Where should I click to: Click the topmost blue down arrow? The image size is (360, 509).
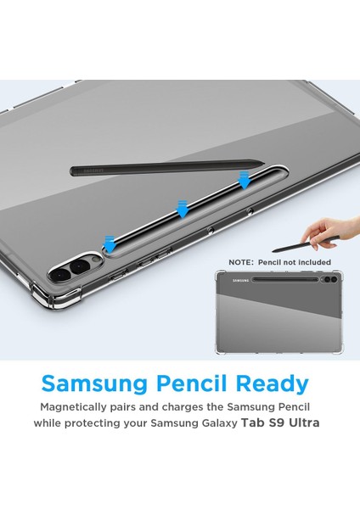point(245,180)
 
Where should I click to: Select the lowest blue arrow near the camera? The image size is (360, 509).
point(109,244)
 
